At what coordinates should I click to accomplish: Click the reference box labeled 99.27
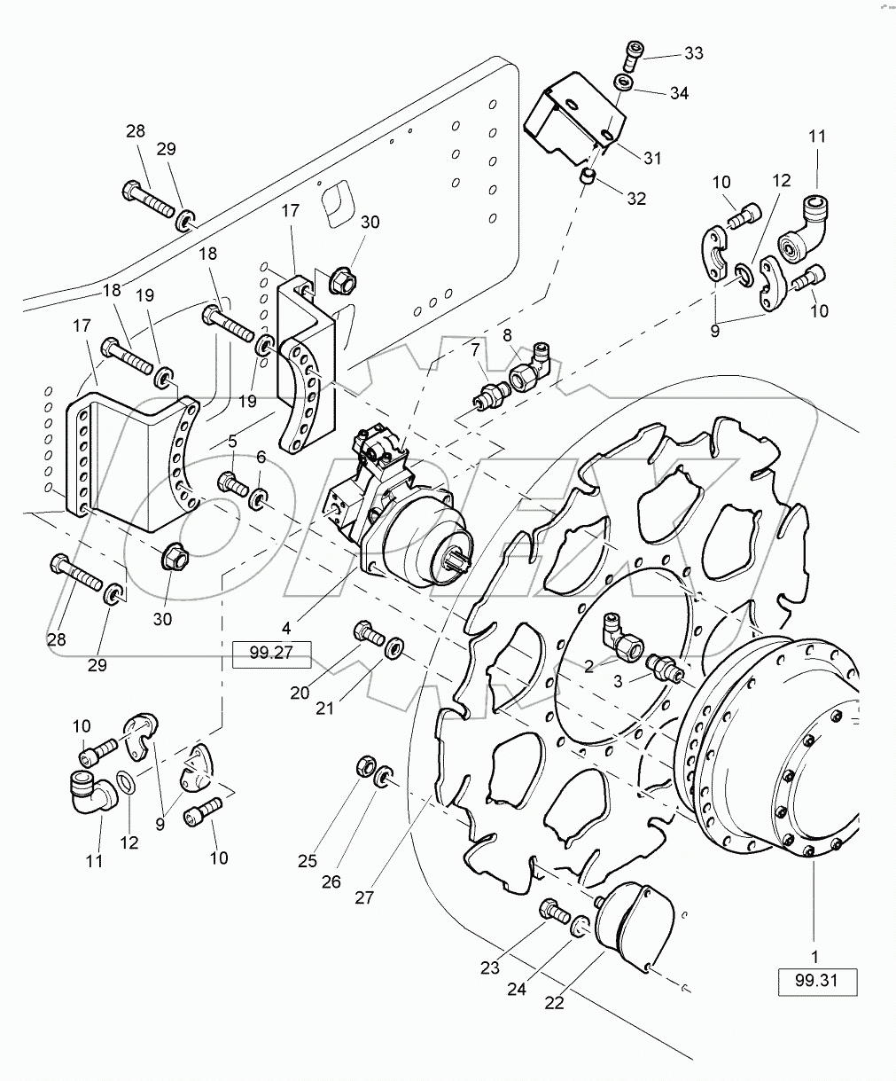coord(272,655)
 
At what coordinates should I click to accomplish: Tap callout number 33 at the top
coord(693,54)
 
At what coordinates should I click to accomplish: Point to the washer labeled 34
coord(625,82)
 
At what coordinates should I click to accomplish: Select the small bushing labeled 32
coord(585,178)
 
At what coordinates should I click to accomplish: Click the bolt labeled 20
coord(366,631)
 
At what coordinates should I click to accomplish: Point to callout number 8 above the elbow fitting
coord(507,335)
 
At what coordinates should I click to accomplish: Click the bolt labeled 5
coord(231,483)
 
